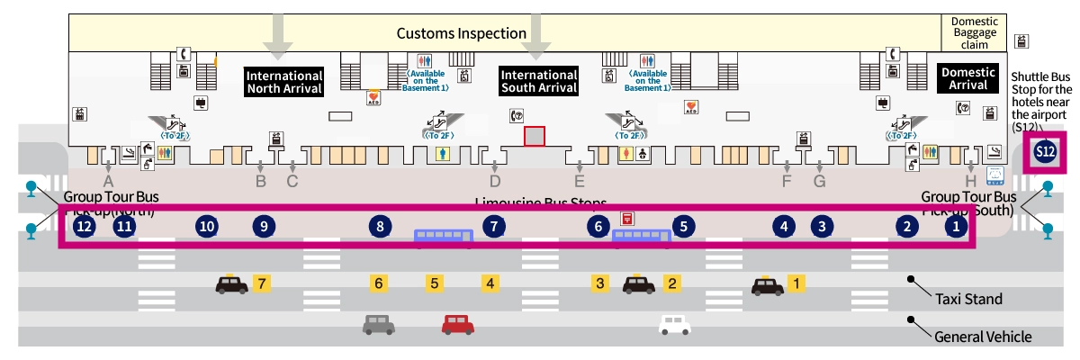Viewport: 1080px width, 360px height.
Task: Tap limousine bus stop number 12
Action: coord(85,227)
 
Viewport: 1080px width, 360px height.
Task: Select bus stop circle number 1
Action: coord(955,227)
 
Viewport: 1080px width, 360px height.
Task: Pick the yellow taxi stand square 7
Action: coord(262,283)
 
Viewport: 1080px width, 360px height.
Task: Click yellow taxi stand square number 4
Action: coord(490,283)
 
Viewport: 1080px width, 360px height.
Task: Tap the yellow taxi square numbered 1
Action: coord(796,283)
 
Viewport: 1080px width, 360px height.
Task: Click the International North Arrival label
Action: coord(283,81)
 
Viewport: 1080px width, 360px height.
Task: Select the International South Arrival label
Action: coord(538,81)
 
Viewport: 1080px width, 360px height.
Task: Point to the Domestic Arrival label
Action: coord(967,78)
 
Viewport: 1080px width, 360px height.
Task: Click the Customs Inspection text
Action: coord(462,33)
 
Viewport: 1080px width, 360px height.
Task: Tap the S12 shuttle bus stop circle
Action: coord(1045,151)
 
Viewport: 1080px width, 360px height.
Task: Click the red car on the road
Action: coord(458,324)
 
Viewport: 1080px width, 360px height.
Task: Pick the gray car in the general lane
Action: coord(379,324)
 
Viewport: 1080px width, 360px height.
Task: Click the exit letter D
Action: coord(495,180)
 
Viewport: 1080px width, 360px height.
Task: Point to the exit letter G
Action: coord(819,180)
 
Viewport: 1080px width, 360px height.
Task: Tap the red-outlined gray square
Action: coord(535,136)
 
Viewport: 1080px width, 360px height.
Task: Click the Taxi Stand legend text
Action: coord(968,300)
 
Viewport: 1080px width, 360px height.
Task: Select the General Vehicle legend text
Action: coord(983,337)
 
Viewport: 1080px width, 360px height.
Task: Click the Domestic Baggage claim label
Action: coord(975,32)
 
